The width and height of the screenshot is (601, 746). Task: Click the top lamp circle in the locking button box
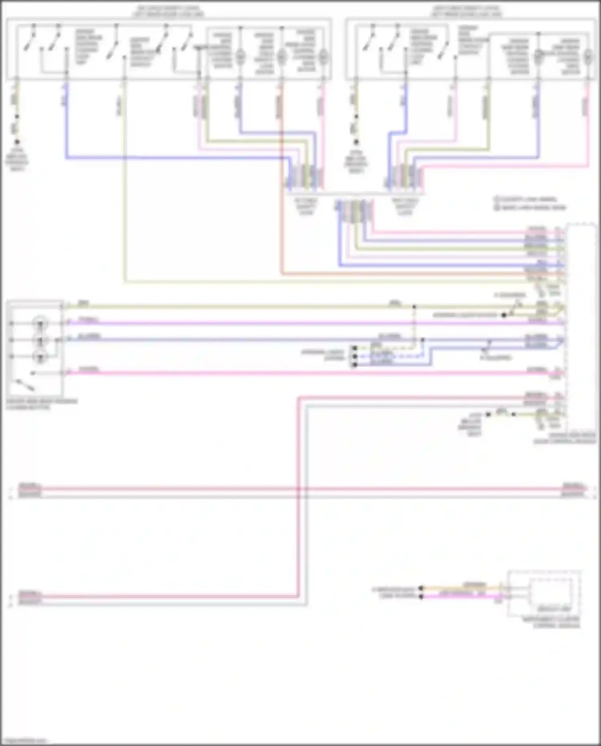(40, 323)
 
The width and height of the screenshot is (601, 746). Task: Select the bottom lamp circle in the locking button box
(40, 356)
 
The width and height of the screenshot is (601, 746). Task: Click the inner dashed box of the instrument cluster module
(551, 591)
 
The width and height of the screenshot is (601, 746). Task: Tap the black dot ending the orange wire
(421, 588)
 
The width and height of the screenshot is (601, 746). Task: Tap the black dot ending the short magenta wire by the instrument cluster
(421, 596)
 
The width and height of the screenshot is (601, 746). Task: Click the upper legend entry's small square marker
(496, 199)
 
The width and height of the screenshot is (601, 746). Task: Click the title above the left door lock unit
(168, 11)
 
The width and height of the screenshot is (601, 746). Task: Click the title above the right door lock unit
(466, 11)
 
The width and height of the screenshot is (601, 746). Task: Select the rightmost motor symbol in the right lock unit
(588, 56)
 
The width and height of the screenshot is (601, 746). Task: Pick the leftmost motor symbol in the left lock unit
(240, 57)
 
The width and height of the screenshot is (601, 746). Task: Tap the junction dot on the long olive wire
(414, 307)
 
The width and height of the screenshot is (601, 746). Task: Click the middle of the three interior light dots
(354, 356)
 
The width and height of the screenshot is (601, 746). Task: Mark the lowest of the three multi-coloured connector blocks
(355, 210)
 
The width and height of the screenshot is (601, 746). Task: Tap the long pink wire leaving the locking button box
(280, 373)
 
